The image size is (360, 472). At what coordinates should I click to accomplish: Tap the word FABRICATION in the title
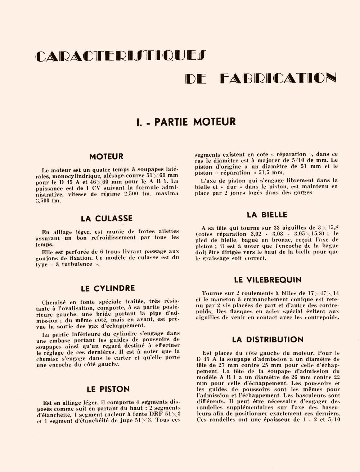coord(278,78)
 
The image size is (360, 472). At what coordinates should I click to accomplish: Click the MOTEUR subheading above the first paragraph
coord(106,157)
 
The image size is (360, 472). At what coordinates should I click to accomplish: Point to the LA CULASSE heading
coord(107,219)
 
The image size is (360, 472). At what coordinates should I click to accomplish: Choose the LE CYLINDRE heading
coord(108,288)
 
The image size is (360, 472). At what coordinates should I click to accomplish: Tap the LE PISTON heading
coord(108,389)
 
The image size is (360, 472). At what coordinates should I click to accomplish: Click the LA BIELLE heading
coord(267,215)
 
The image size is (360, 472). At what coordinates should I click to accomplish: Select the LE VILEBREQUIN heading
coord(268,280)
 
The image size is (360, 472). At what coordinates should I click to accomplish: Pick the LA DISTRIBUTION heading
coord(267,340)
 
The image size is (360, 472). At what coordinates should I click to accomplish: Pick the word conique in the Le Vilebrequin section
coord(288,300)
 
